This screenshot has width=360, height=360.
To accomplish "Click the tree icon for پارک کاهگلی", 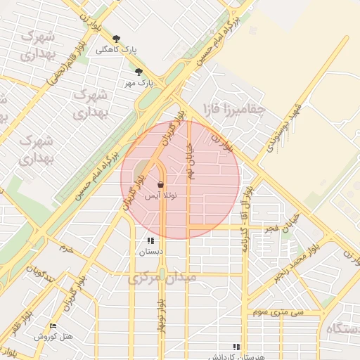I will click(116, 39).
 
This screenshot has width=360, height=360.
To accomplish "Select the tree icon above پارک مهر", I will click(139, 72).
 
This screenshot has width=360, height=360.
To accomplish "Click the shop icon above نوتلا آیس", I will click(161, 185).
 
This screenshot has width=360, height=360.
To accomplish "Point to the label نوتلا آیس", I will click(161, 197).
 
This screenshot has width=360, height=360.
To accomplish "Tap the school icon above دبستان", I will click(150, 240).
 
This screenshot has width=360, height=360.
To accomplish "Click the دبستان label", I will click(150, 252).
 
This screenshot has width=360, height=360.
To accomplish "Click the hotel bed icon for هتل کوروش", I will click(53, 326).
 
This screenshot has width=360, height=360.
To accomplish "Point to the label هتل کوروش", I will click(53, 337).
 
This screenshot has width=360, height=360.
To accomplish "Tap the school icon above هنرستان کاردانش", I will click(236, 346).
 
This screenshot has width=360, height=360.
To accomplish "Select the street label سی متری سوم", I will click(279, 311).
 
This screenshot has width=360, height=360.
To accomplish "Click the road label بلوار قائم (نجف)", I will click(67, 63).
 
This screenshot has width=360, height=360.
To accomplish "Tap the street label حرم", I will click(66, 248).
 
